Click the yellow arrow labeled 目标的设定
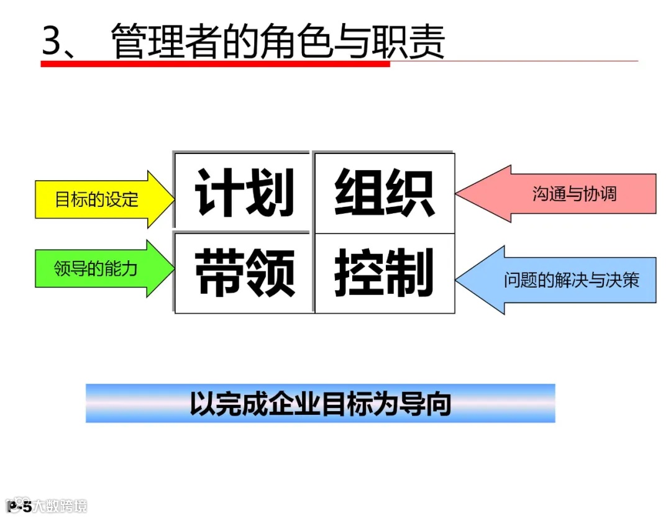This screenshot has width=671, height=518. click(99, 199)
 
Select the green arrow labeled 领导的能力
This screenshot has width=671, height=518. click(99, 269)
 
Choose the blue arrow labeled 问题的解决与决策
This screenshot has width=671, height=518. click(565, 280)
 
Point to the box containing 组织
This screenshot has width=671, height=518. click(385, 193)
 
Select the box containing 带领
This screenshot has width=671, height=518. click(244, 274)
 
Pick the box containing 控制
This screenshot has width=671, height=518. click(385, 273)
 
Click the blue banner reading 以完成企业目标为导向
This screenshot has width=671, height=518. click(320, 404)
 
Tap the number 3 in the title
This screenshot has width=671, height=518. click(53, 42)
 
